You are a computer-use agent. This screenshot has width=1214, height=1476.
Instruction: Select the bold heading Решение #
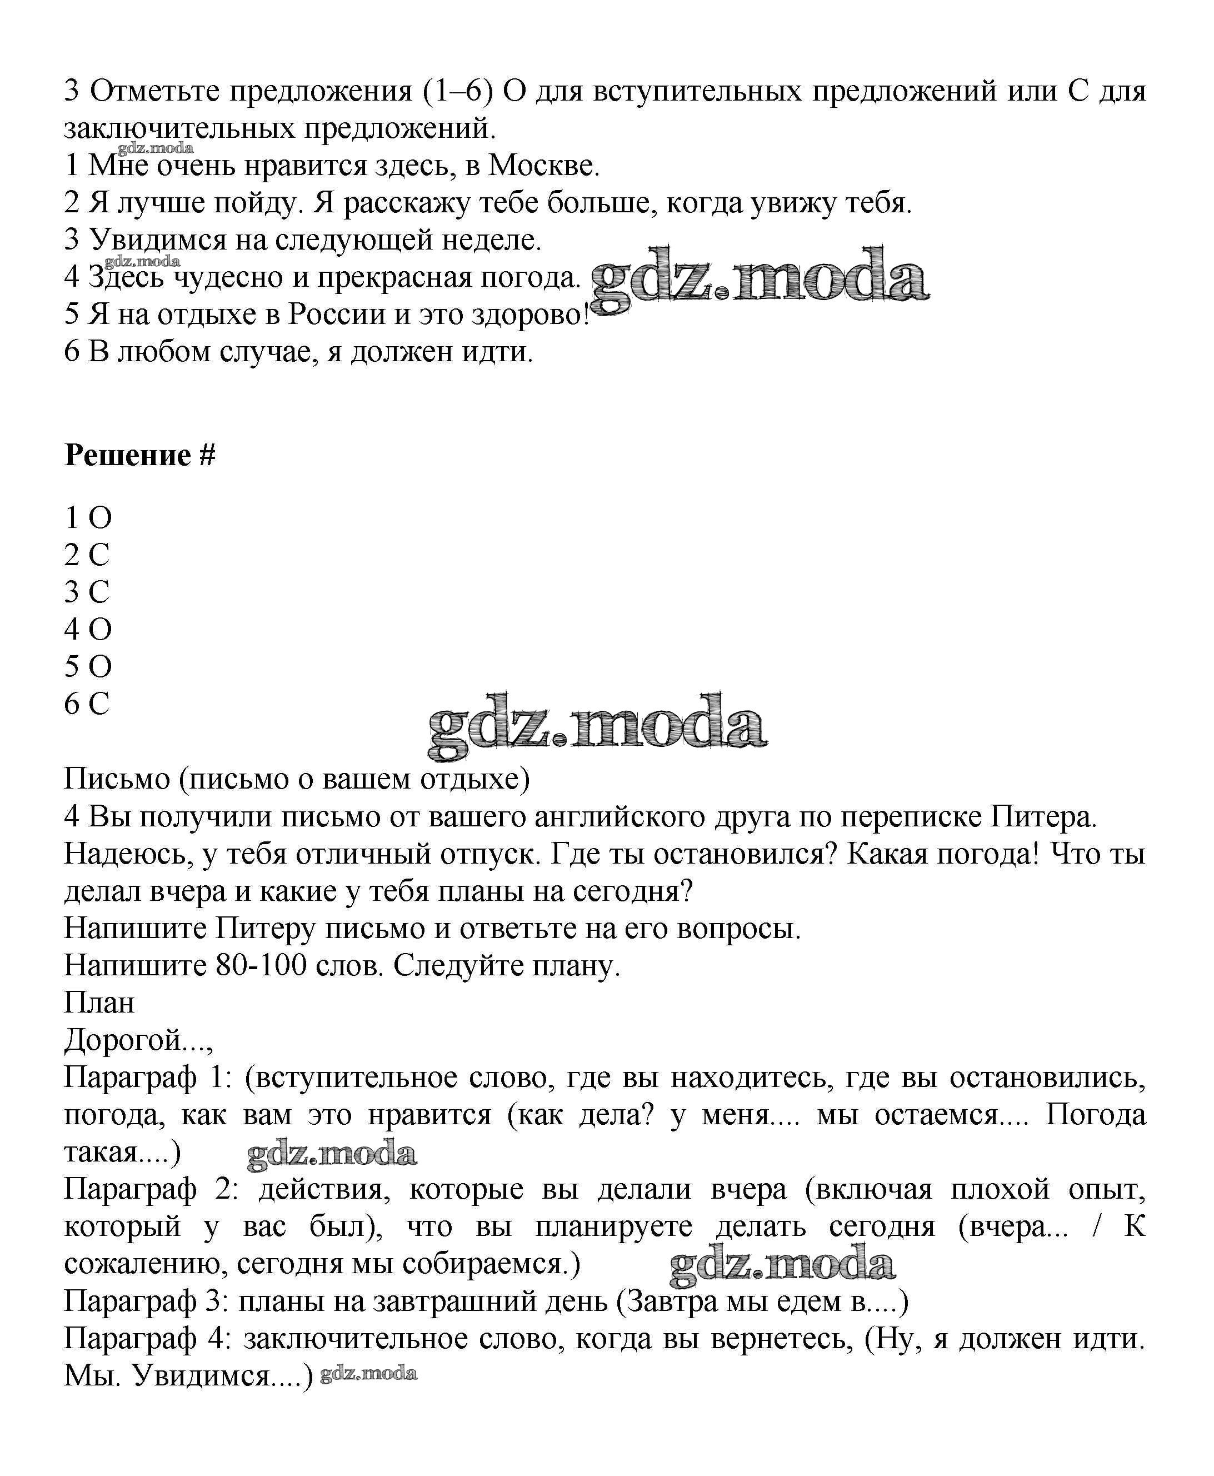coord(140,455)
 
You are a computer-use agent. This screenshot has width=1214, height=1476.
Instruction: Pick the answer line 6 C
coord(87,704)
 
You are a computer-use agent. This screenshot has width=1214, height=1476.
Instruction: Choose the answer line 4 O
coord(88,630)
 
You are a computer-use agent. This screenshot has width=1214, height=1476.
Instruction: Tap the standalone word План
coord(99,1003)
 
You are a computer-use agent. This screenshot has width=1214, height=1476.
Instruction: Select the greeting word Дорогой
coord(124,1040)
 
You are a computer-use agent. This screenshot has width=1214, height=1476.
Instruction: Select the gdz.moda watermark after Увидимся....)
coord(368,1374)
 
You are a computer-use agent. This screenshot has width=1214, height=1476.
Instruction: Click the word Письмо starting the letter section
coord(117,779)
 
